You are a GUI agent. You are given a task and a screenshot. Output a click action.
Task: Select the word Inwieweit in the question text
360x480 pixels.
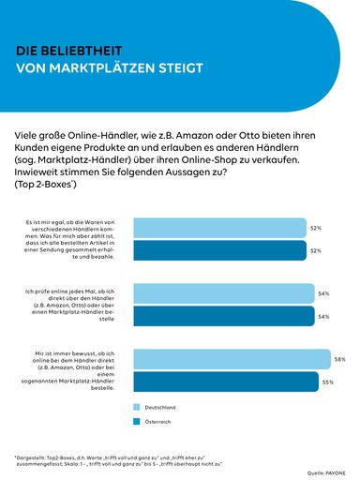(43, 172)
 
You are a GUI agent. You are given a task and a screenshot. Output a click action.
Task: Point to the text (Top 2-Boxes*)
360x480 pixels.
(53, 185)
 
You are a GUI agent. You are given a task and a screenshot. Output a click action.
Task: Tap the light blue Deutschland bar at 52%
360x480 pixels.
(220, 228)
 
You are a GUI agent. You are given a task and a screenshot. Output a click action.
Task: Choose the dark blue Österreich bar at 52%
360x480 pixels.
(220, 250)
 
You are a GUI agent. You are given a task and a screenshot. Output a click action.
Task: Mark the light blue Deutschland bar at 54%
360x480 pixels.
(224, 293)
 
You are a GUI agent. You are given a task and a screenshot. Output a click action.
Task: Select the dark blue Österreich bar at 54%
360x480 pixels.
(224, 317)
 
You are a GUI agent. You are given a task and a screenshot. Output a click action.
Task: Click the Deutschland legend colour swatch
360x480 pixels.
(138, 407)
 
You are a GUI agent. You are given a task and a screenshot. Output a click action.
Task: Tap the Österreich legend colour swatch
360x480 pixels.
(138, 423)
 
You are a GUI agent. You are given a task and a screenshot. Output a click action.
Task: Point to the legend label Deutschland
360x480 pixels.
(160, 407)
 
